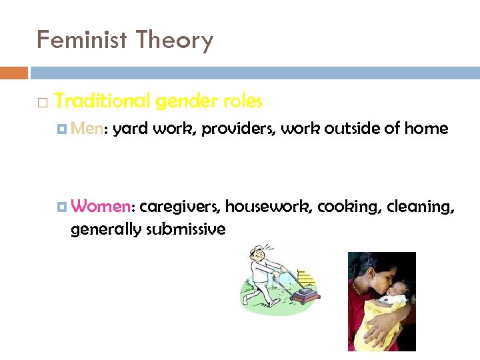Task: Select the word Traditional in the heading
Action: (x=103, y=101)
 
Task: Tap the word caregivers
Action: (x=180, y=207)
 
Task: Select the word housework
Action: (x=269, y=207)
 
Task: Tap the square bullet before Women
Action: (x=63, y=207)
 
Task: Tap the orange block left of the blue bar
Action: (x=14, y=73)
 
